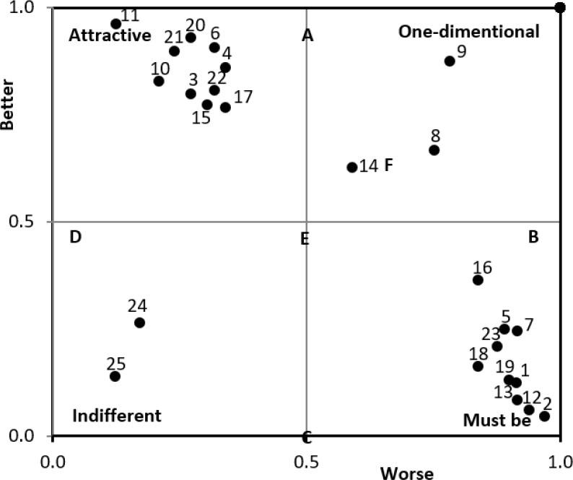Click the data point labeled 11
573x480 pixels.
tap(115, 24)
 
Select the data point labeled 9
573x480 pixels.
tap(450, 61)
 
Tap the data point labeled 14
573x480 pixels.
tap(352, 167)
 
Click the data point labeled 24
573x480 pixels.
tap(139, 323)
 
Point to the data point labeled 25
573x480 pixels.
tap(115, 376)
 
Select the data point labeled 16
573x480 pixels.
tap(478, 280)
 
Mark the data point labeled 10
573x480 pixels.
tap(159, 81)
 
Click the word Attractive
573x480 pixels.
tap(109, 35)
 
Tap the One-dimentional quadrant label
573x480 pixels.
tap(469, 32)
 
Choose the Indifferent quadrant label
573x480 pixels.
tap(117, 416)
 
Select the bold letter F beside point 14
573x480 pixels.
tap(388, 165)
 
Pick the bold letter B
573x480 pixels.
tap(533, 237)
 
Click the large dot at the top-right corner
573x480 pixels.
tap(560, 8)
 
